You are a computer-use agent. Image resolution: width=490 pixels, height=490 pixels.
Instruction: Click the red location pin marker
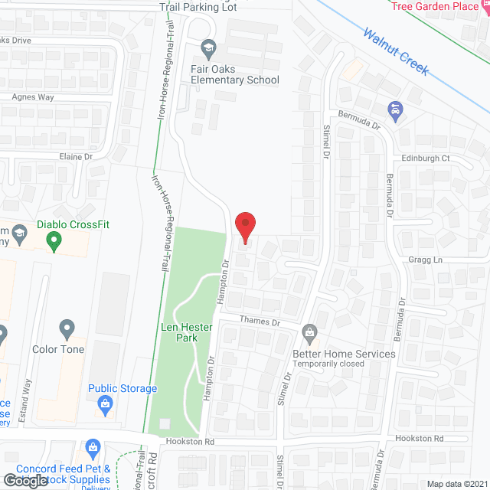pyautogui.click(x=244, y=227)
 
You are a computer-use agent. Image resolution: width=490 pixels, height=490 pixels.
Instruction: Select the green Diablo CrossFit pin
pyautogui.click(x=54, y=243)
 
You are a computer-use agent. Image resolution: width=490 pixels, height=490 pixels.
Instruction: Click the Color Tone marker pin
pyautogui.click(x=67, y=329)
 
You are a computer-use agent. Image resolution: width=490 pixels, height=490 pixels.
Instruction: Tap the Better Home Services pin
pyautogui.click(x=309, y=332)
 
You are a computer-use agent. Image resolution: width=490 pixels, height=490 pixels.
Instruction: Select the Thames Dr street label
pyautogui.click(x=260, y=321)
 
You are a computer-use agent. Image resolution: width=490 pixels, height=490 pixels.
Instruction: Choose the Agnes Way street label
pyautogui.click(x=32, y=97)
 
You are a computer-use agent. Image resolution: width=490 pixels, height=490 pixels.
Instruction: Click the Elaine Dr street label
pyautogui.click(x=75, y=156)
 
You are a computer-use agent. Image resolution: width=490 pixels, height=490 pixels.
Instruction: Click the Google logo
pyautogui.click(x=24, y=481)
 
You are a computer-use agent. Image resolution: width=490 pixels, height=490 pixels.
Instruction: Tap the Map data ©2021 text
pyautogui.click(x=456, y=484)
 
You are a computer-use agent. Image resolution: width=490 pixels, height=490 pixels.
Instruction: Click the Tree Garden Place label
pyautogui.click(x=433, y=6)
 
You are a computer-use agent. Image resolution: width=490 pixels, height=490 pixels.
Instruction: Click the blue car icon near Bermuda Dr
pyautogui.click(x=394, y=112)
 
